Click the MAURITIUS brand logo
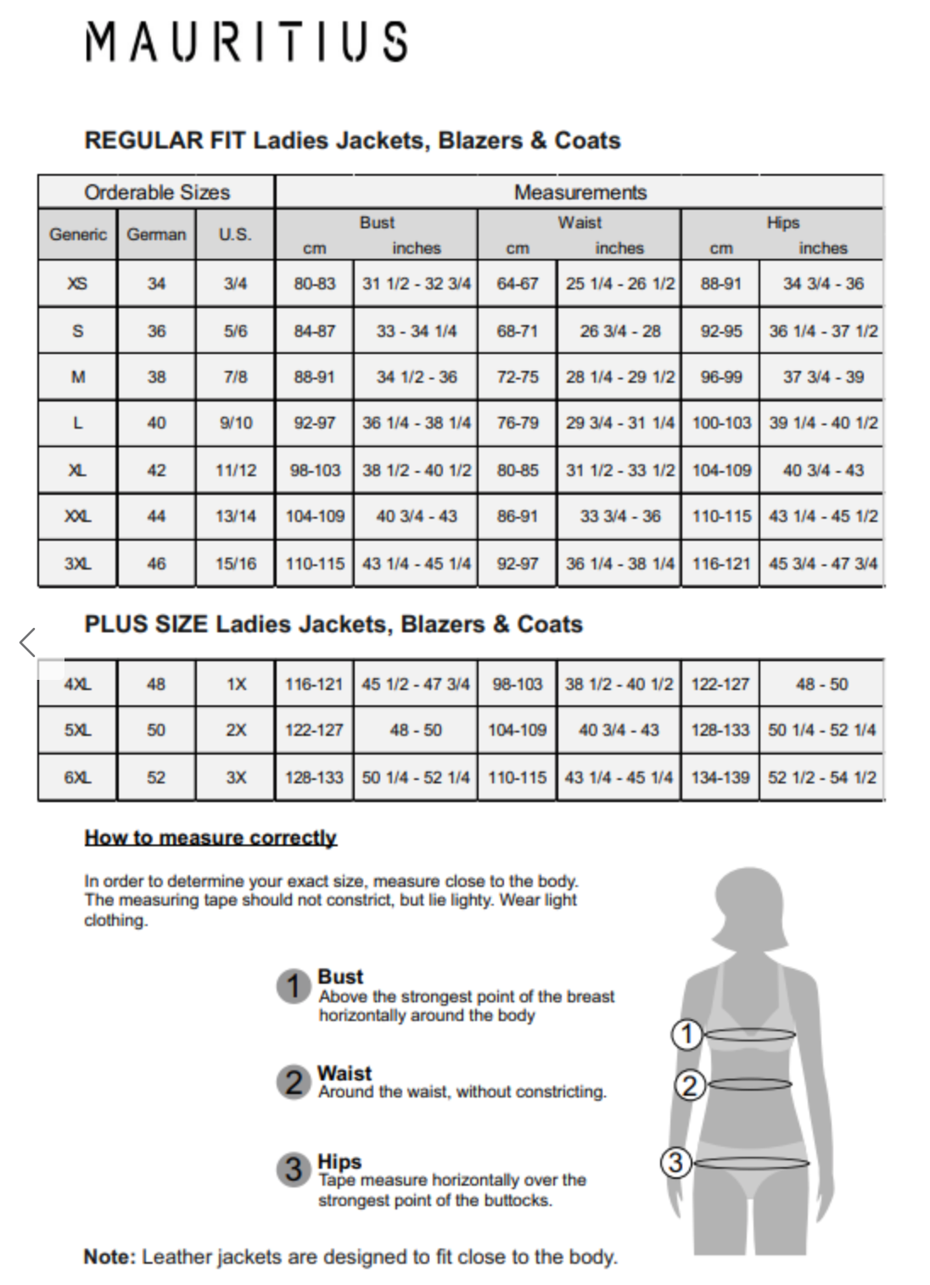coord(246,42)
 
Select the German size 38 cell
coord(156,377)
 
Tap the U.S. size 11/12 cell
coord(235,470)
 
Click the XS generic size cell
coord(77,283)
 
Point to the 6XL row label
coord(77,777)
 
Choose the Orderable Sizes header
coord(157,193)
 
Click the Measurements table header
coord(580,193)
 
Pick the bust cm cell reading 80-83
coord(314,283)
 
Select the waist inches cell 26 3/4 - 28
coord(619,331)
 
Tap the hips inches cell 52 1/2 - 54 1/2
coord(821,777)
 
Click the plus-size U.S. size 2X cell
coord(235,730)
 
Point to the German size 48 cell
coord(156,684)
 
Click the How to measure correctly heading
coord(210,838)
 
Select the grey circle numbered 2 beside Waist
coord(294,1082)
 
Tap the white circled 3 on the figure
coord(675,1162)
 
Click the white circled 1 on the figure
coord(686,1034)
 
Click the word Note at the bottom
coord(109,1257)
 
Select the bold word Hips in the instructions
coord(339,1161)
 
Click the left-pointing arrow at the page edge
coord(27,642)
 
